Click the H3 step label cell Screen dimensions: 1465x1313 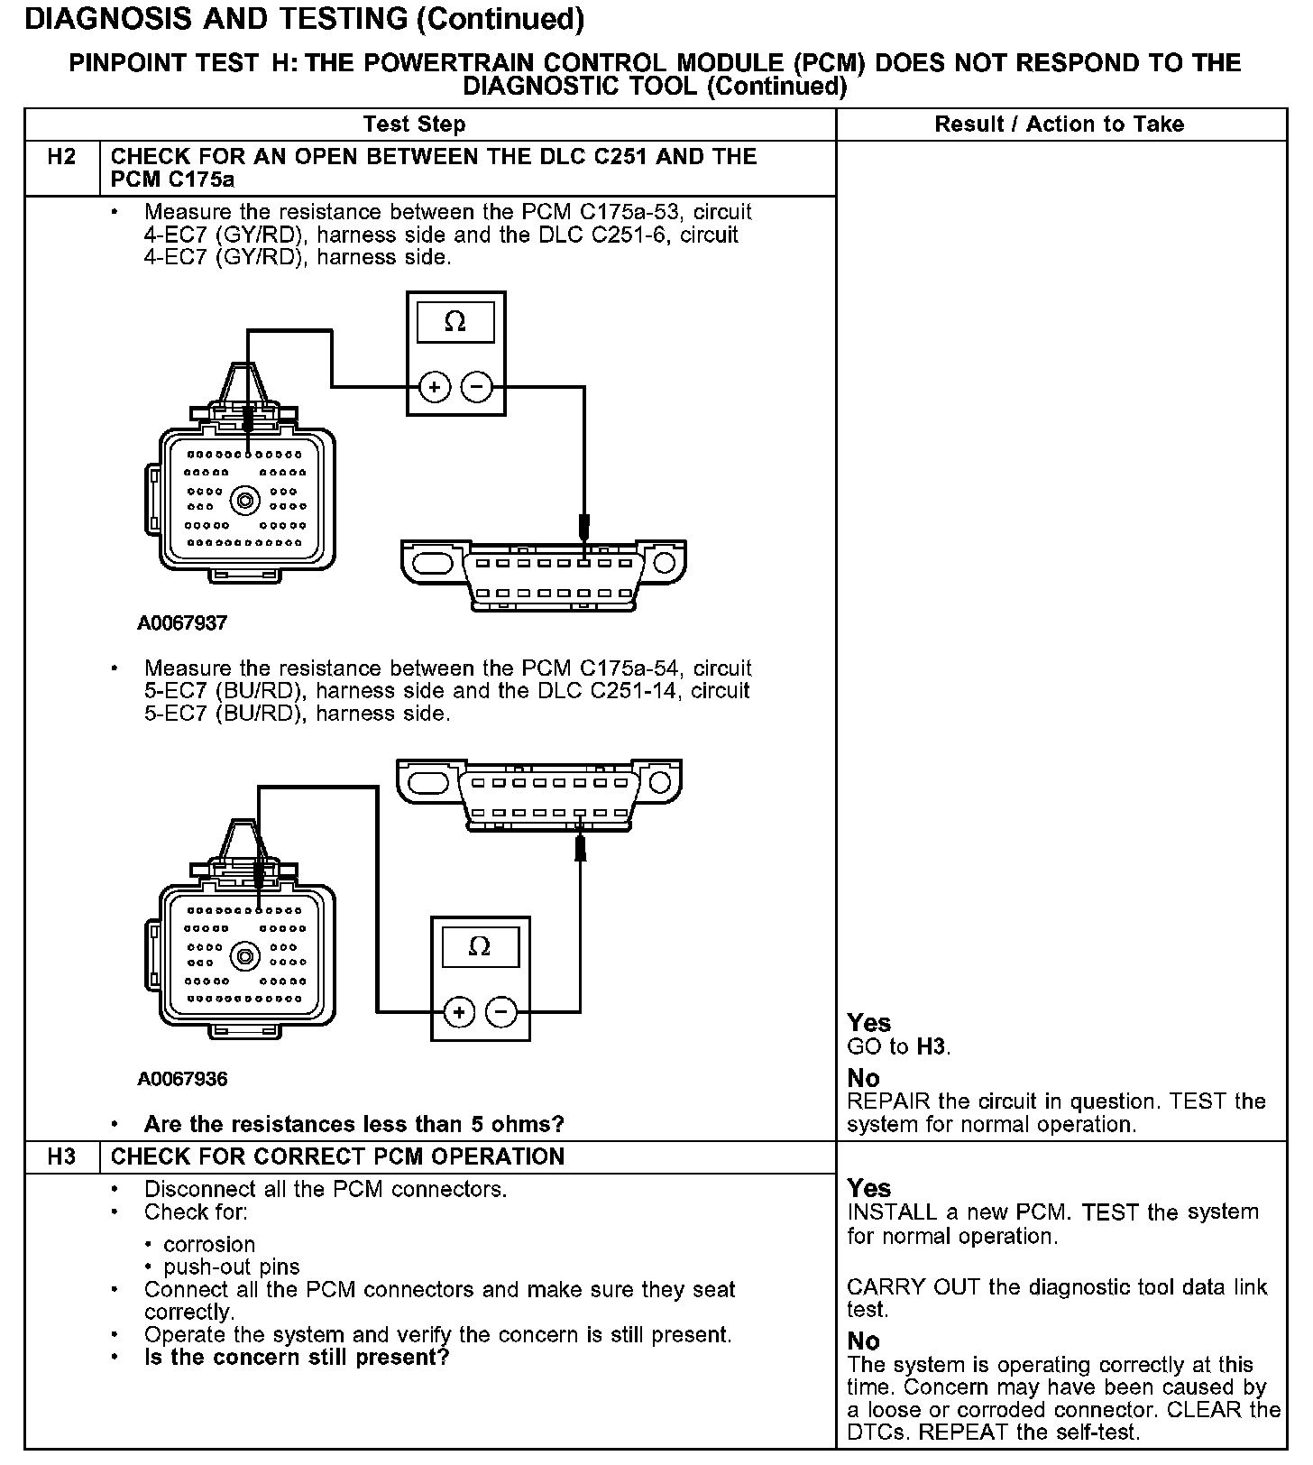[x=61, y=1156]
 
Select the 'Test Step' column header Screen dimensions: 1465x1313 [x=414, y=124]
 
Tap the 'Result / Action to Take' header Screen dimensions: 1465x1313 [x=1059, y=124]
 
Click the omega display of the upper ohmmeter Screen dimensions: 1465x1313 [x=455, y=322]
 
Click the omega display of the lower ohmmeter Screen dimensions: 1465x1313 [x=480, y=946]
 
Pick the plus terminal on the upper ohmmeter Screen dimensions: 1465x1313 [x=435, y=387]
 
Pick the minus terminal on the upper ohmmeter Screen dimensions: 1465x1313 [x=477, y=387]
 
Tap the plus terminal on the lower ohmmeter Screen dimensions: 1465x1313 [x=459, y=1011]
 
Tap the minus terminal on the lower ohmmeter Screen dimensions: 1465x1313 [x=501, y=1011]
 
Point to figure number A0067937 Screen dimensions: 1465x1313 [x=182, y=622]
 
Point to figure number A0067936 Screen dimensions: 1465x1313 [x=182, y=1079]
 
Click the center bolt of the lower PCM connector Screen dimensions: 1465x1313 [x=244, y=955]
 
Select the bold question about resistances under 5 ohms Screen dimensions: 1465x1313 [x=353, y=1124]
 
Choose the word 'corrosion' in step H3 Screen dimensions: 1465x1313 [x=209, y=1244]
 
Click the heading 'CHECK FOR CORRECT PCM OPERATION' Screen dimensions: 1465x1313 [x=337, y=1156]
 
